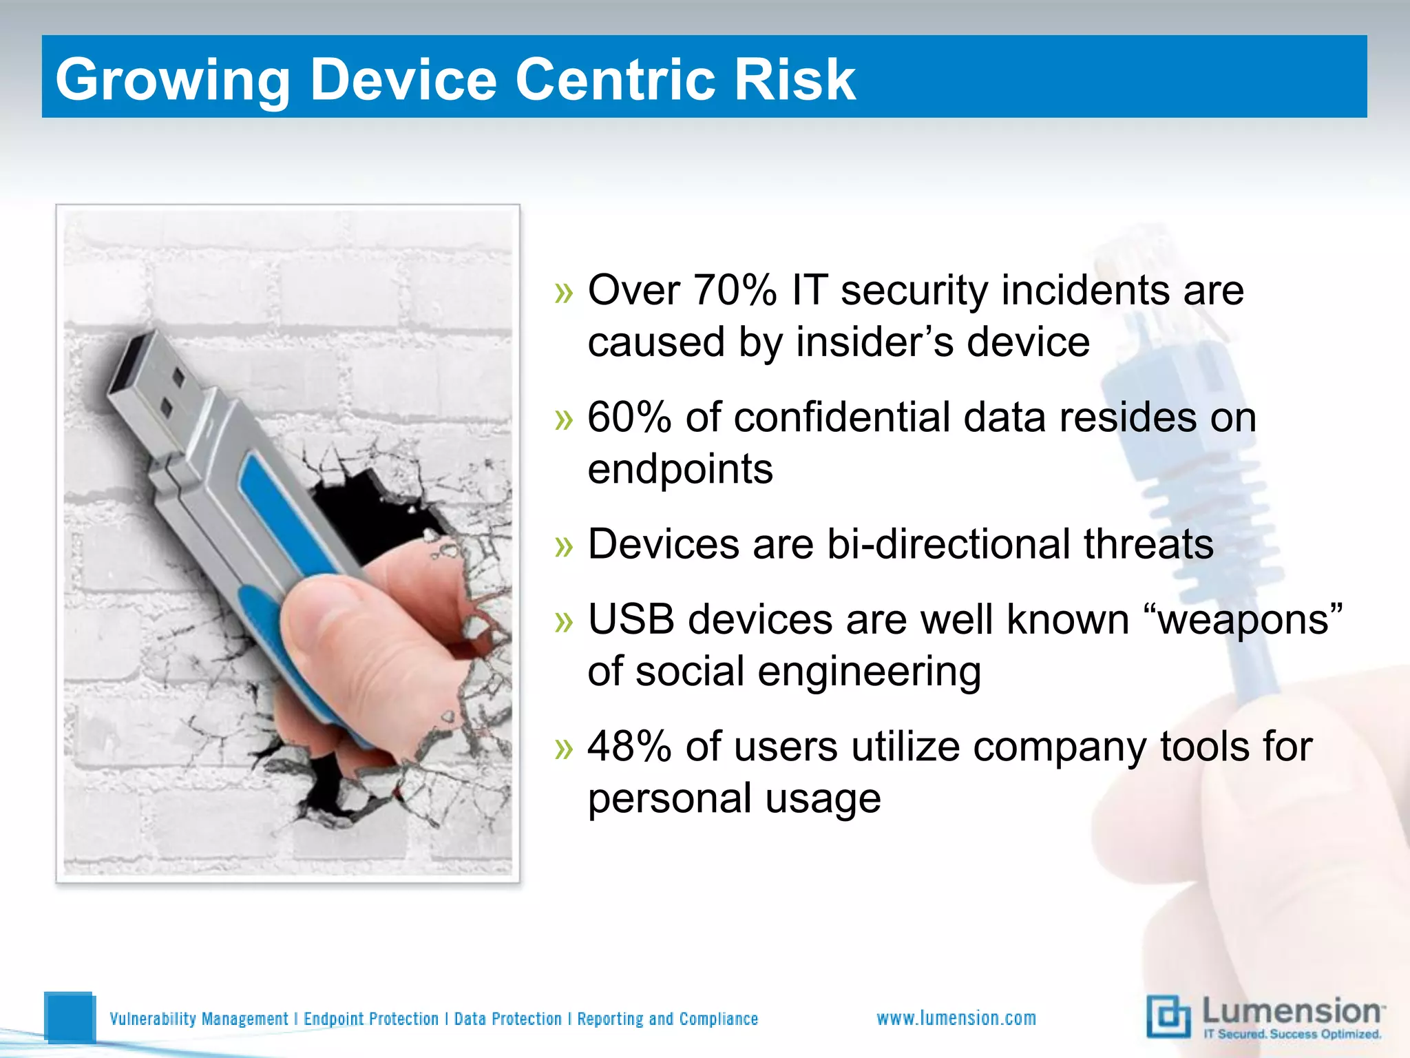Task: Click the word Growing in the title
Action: point(172,81)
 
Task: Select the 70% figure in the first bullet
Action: point(735,290)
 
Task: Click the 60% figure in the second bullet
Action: point(629,417)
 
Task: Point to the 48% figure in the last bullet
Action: point(629,747)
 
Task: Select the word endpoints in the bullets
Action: point(680,470)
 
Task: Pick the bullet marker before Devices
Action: point(564,546)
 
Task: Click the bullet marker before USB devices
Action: point(564,621)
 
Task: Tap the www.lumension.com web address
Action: point(956,1018)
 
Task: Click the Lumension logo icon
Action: point(1168,1016)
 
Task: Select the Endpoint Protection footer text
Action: point(371,1019)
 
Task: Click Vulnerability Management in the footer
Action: point(199,1019)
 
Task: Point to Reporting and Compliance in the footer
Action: point(667,1019)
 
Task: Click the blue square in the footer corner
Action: point(69,1016)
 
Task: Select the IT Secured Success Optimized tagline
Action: point(1292,1034)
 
